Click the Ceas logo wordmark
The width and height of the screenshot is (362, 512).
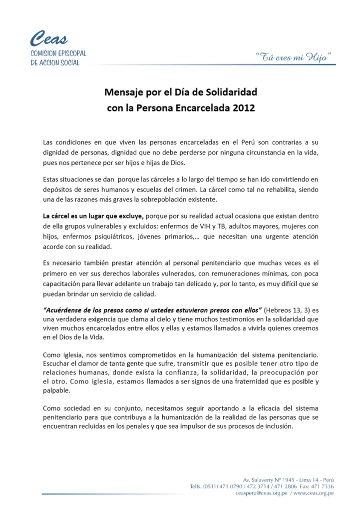coord(49,38)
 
